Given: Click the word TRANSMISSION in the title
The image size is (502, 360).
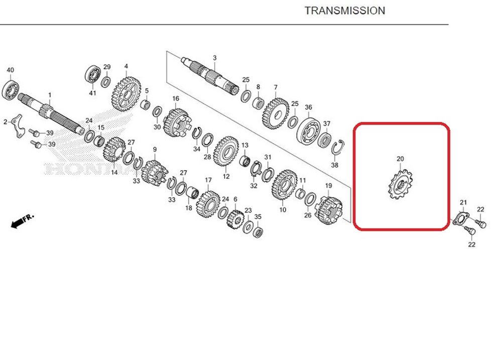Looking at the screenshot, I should point(344,11).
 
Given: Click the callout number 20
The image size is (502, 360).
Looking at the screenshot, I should point(400,159).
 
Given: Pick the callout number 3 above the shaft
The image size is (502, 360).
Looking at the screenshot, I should point(214,58).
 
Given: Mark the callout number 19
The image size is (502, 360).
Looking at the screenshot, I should point(328,186).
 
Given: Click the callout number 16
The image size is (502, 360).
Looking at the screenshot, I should point(176,98).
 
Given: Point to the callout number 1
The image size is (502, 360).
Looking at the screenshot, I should point(50,95).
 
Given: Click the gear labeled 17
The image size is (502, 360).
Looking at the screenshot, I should point(208,203).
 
